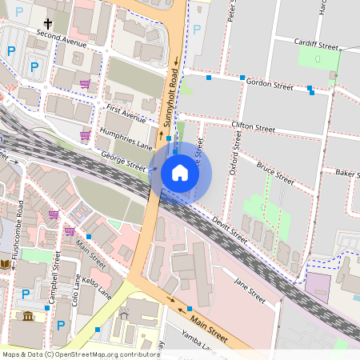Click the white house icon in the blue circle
pyautogui.click(x=180, y=173)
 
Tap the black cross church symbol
pyautogui.click(x=48, y=25)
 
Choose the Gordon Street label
pyautogui.click(x=270, y=83)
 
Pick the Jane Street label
pyautogui.click(x=249, y=290)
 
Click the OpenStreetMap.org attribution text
pyautogui.click(x=105, y=354)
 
